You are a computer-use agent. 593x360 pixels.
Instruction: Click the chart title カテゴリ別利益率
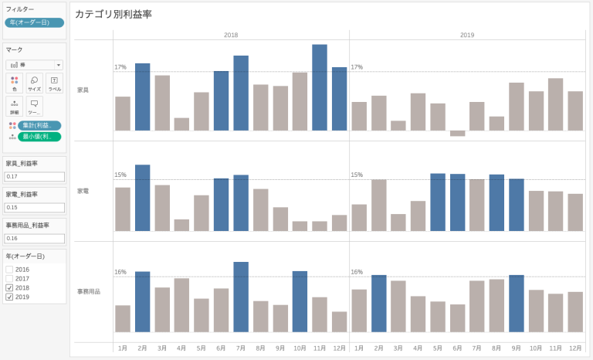tap(113, 15)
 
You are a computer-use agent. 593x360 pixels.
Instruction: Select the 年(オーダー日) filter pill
tap(34, 22)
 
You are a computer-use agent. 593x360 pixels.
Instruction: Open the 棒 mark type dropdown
tap(34, 65)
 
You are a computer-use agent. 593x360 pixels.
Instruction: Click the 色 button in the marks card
tap(15, 83)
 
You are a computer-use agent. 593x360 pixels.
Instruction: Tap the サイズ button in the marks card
tap(34, 83)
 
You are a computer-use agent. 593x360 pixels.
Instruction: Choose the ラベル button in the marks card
tap(54, 83)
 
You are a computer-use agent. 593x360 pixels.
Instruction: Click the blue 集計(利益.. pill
tap(39, 125)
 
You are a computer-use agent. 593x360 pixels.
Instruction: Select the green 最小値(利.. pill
tap(39, 137)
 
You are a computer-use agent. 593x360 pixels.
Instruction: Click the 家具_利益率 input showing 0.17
tap(34, 177)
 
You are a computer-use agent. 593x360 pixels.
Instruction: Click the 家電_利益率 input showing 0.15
tap(34, 207)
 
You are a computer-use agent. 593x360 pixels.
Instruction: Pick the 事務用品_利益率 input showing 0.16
tap(34, 238)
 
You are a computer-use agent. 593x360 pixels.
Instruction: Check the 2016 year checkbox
tap(9, 270)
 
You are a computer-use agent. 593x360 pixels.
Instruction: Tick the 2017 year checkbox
tap(9, 278)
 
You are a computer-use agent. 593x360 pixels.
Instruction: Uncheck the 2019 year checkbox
tap(9, 297)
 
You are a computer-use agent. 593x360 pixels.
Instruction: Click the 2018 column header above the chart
tap(231, 35)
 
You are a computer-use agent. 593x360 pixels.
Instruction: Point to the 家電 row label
tap(83, 190)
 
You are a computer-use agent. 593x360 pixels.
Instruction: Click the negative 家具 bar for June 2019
tap(458, 133)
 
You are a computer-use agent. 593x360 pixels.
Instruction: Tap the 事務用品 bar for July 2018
tap(241, 297)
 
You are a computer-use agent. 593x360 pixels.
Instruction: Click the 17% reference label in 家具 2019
tap(357, 67)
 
